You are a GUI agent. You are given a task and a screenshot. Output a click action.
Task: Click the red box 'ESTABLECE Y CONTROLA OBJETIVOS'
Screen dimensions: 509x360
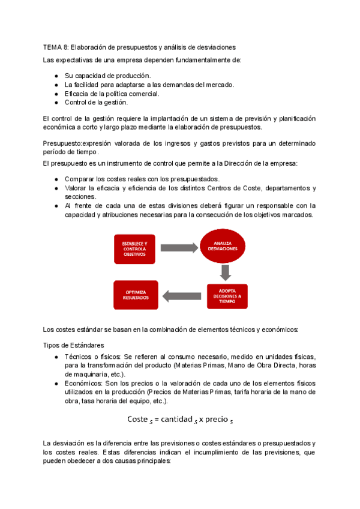tap(134, 248)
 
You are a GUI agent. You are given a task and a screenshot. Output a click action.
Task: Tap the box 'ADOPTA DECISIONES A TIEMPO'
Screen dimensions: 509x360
tap(227, 296)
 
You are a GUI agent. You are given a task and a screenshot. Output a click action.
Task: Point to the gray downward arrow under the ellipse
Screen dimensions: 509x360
tap(226, 272)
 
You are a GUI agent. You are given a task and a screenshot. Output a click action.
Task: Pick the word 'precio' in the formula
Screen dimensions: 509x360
tap(216, 419)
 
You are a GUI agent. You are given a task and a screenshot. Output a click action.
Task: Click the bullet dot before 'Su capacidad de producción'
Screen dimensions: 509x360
tap(56, 76)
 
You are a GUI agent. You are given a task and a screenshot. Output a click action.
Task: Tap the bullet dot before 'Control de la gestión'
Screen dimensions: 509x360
tap(56, 103)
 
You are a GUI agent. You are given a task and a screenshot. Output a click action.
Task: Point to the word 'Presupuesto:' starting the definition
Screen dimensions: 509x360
tap(62, 143)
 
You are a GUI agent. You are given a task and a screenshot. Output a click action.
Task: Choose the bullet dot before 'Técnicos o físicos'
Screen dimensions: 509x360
tap(56, 357)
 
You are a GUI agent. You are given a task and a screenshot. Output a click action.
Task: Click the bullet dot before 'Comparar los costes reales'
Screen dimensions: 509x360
tap(56, 179)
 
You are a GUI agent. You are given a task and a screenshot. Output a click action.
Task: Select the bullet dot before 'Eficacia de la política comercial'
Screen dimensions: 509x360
tap(56, 94)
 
